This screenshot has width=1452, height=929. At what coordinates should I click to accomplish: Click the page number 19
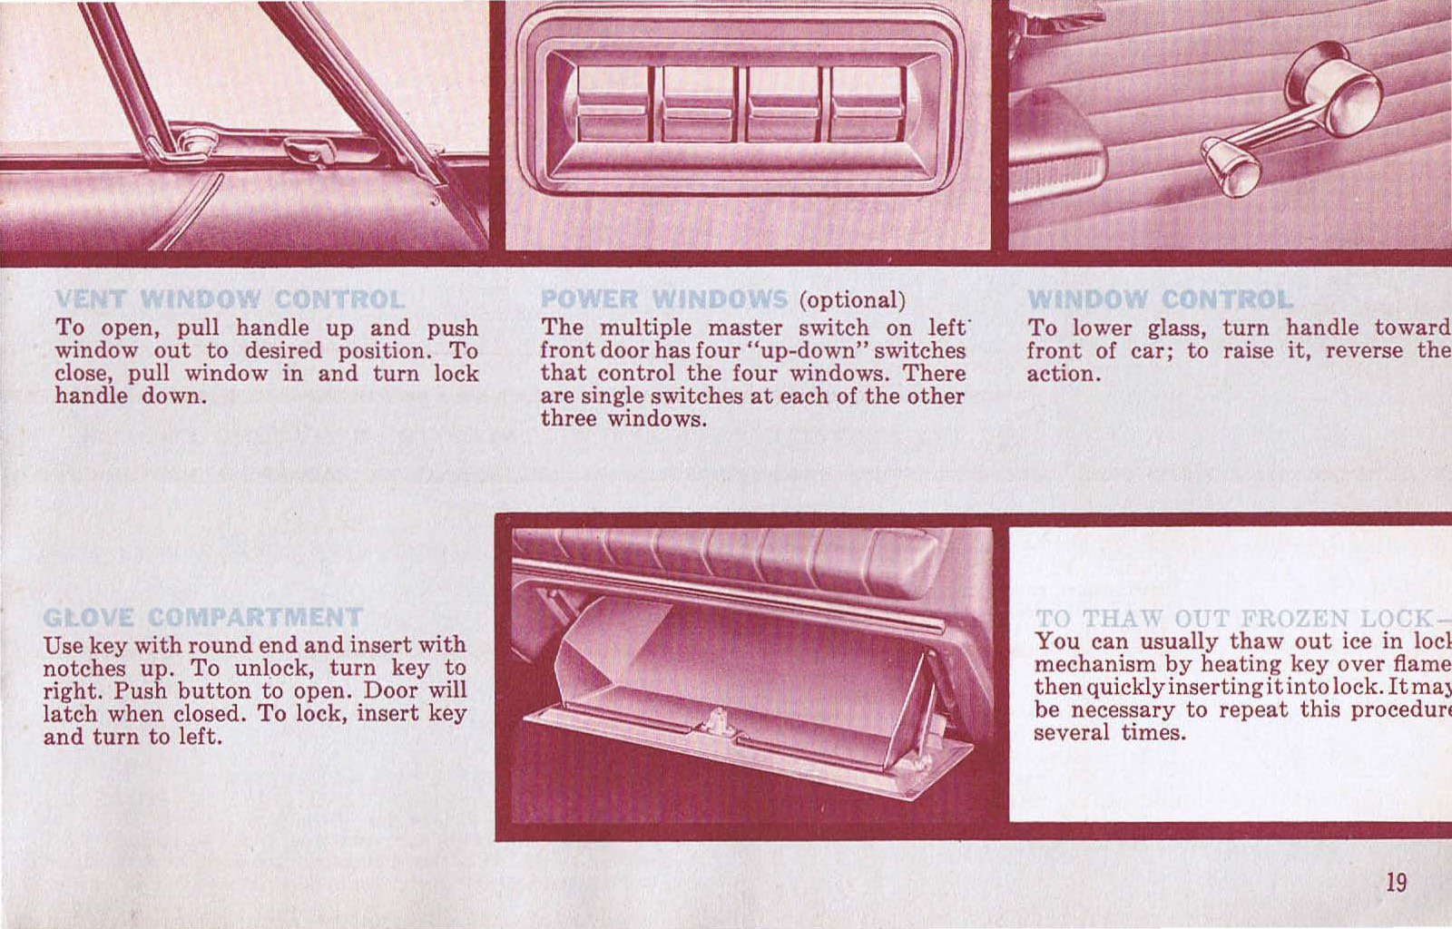click(1396, 882)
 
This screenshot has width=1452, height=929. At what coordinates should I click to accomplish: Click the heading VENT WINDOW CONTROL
click(230, 299)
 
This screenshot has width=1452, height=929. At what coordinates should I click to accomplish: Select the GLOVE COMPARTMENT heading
click(202, 618)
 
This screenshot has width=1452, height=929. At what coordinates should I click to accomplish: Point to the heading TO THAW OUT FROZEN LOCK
click(1238, 619)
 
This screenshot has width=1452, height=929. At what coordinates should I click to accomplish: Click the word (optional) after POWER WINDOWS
click(852, 300)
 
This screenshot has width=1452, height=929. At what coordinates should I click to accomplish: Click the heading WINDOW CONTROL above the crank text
click(1160, 299)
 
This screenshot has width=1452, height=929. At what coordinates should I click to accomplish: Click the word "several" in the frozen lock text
click(1071, 732)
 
